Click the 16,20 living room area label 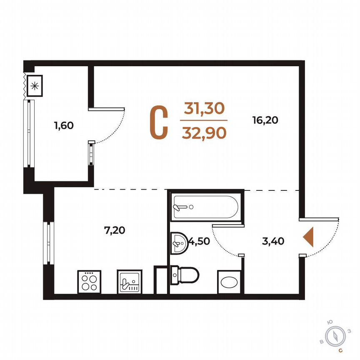(x=265, y=120)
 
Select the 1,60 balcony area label (x=64, y=125)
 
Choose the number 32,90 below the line (x=204, y=132)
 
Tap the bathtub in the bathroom (x=205, y=207)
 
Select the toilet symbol (x=185, y=275)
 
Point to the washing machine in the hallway (x=229, y=281)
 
